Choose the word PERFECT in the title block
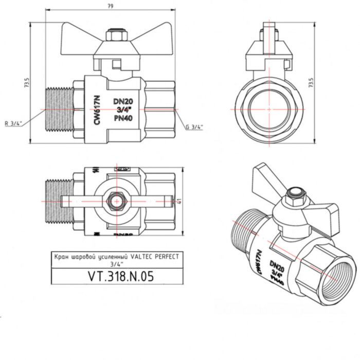click(167, 256)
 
